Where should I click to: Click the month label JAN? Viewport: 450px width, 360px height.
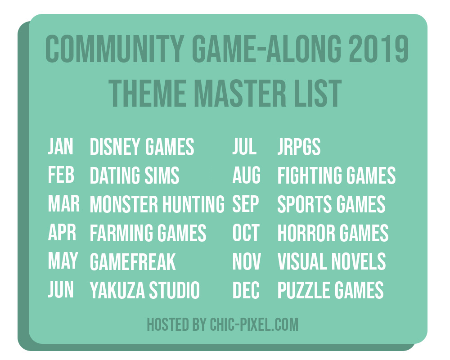pos(61,146)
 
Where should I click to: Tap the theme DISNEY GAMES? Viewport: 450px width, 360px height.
pos(142,146)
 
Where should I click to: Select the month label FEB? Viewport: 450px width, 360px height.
pos(61,175)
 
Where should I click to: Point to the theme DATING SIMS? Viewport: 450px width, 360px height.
pos(135,175)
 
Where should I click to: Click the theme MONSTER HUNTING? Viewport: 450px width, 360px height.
pos(157,204)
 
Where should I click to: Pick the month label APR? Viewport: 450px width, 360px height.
pos(62,233)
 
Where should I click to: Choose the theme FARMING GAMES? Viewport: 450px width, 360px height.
pos(148,233)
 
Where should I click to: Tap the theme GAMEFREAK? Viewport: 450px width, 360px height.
pos(133,261)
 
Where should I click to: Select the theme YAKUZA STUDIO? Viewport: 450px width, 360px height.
pos(144,290)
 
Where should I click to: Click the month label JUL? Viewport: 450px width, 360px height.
pos(244,146)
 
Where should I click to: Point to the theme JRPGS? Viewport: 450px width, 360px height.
pos(299,146)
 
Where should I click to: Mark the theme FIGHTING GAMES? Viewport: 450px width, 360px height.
pos(336,175)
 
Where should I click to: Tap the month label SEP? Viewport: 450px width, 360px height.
pos(246,204)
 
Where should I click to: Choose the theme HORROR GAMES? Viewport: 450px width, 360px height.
pos(333,233)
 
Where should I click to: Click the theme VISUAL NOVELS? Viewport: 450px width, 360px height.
pos(332,261)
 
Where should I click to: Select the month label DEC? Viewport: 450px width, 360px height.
pos(246,290)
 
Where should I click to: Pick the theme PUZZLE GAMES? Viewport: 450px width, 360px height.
pos(330,290)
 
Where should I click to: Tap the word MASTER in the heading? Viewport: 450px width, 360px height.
pos(240,93)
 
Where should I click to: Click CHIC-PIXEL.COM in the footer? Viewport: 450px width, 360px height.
pos(254,324)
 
